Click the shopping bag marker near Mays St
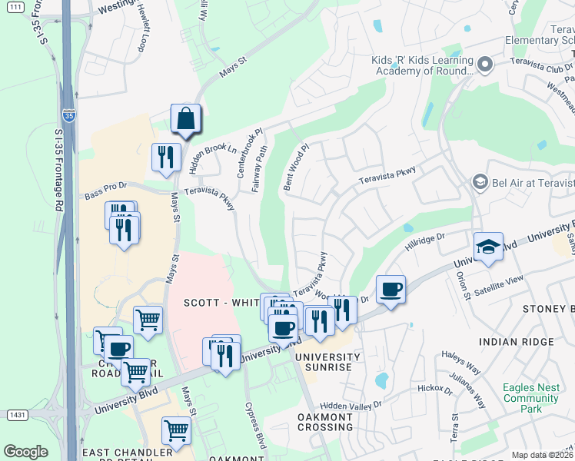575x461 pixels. coord(185,120)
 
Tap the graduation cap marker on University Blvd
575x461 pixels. coord(488,247)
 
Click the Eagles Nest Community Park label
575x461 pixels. coord(530,393)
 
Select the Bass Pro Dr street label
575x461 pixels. coord(105,196)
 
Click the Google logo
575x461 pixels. coord(25,452)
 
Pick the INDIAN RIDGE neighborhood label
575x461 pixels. coord(515,341)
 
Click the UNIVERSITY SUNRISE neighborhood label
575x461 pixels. coord(327,362)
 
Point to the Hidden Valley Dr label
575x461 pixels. coord(351,405)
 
